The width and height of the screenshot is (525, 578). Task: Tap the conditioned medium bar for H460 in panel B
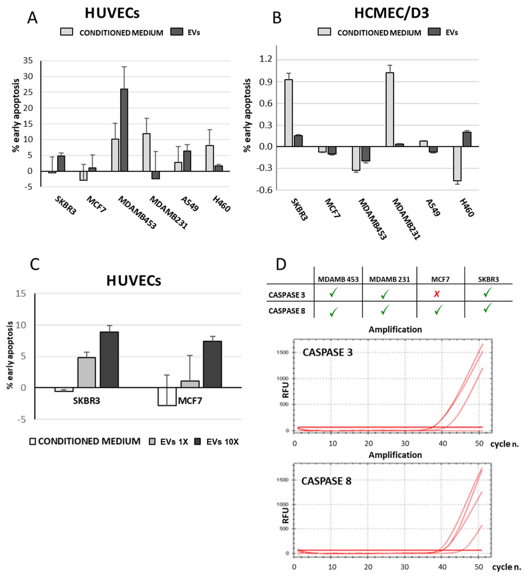point(457,163)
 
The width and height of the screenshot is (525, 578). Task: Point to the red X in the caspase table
point(437,294)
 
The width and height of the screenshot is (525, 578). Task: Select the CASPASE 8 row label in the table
point(287,311)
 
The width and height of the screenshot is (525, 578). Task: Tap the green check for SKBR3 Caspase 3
point(487,292)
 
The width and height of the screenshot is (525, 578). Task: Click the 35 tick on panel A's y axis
point(28,60)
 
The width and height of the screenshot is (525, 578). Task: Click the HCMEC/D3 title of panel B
point(392,13)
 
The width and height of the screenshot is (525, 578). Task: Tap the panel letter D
point(281,264)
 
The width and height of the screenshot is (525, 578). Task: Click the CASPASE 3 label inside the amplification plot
point(327,352)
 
